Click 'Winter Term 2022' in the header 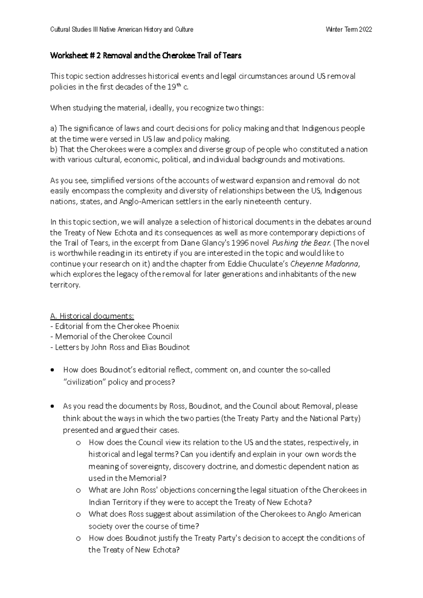pyautogui.click(x=349, y=30)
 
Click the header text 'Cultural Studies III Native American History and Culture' pyautogui.click(x=122, y=30)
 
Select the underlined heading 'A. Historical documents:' pyautogui.click(x=92, y=316)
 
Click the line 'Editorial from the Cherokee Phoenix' pyautogui.click(x=115, y=326)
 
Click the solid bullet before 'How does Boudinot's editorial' pyautogui.click(x=53, y=370)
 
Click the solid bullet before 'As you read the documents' pyautogui.click(x=53, y=406)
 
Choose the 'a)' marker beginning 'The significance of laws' pyautogui.click(x=54, y=128)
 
